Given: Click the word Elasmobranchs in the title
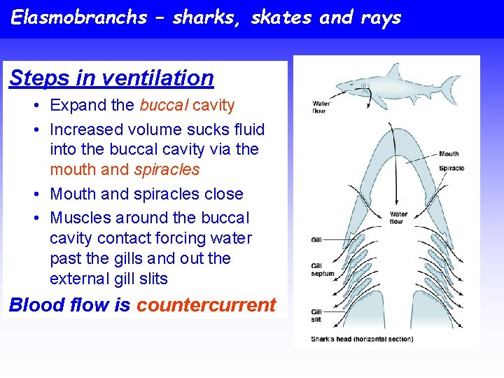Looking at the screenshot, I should (79, 17).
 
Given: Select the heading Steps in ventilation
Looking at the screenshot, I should (111, 78).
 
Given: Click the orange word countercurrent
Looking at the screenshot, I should (206, 305).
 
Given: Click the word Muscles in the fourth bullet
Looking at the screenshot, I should (80, 218).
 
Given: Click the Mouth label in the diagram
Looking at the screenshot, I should (449, 154).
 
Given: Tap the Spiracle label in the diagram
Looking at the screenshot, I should (451, 168).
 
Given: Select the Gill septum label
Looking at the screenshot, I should (323, 269).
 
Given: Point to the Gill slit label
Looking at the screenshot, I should (317, 315).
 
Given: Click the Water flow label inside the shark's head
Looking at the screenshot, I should (398, 218).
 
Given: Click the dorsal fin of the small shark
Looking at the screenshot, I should (393, 71).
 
